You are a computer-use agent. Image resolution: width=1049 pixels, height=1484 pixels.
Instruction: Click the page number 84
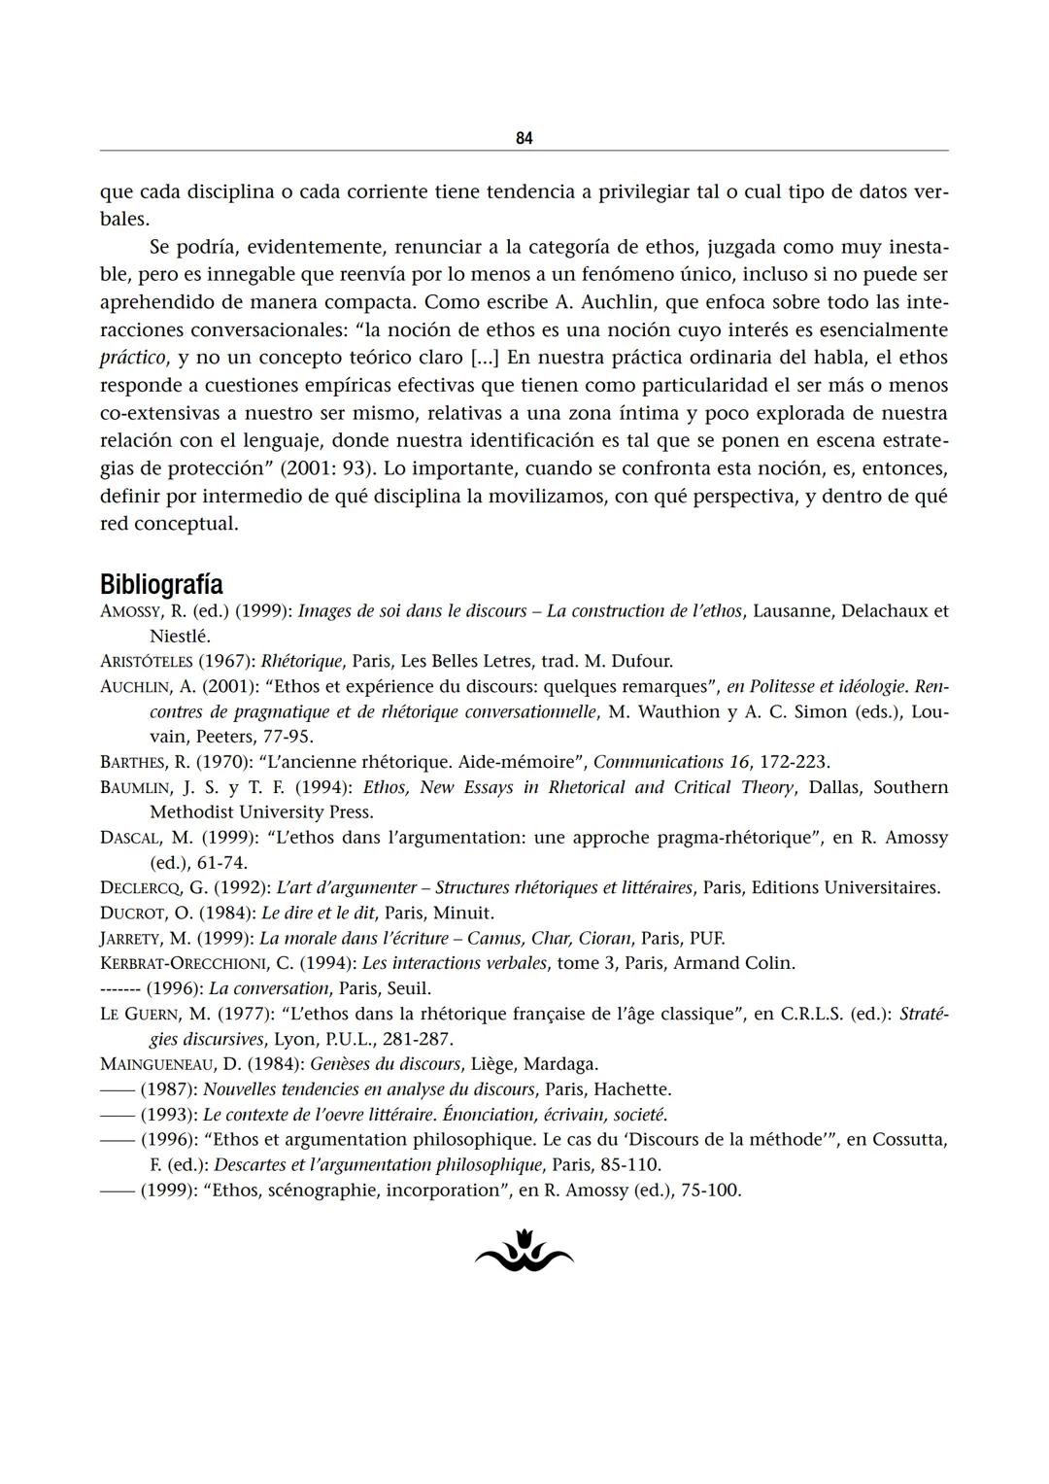tap(524, 138)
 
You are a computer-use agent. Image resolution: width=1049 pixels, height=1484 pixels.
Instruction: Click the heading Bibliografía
tap(161, 585)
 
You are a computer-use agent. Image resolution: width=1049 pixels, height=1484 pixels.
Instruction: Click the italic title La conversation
tap(269, 988)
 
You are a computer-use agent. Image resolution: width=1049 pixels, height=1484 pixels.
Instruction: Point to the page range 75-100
tap(708, 1191)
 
